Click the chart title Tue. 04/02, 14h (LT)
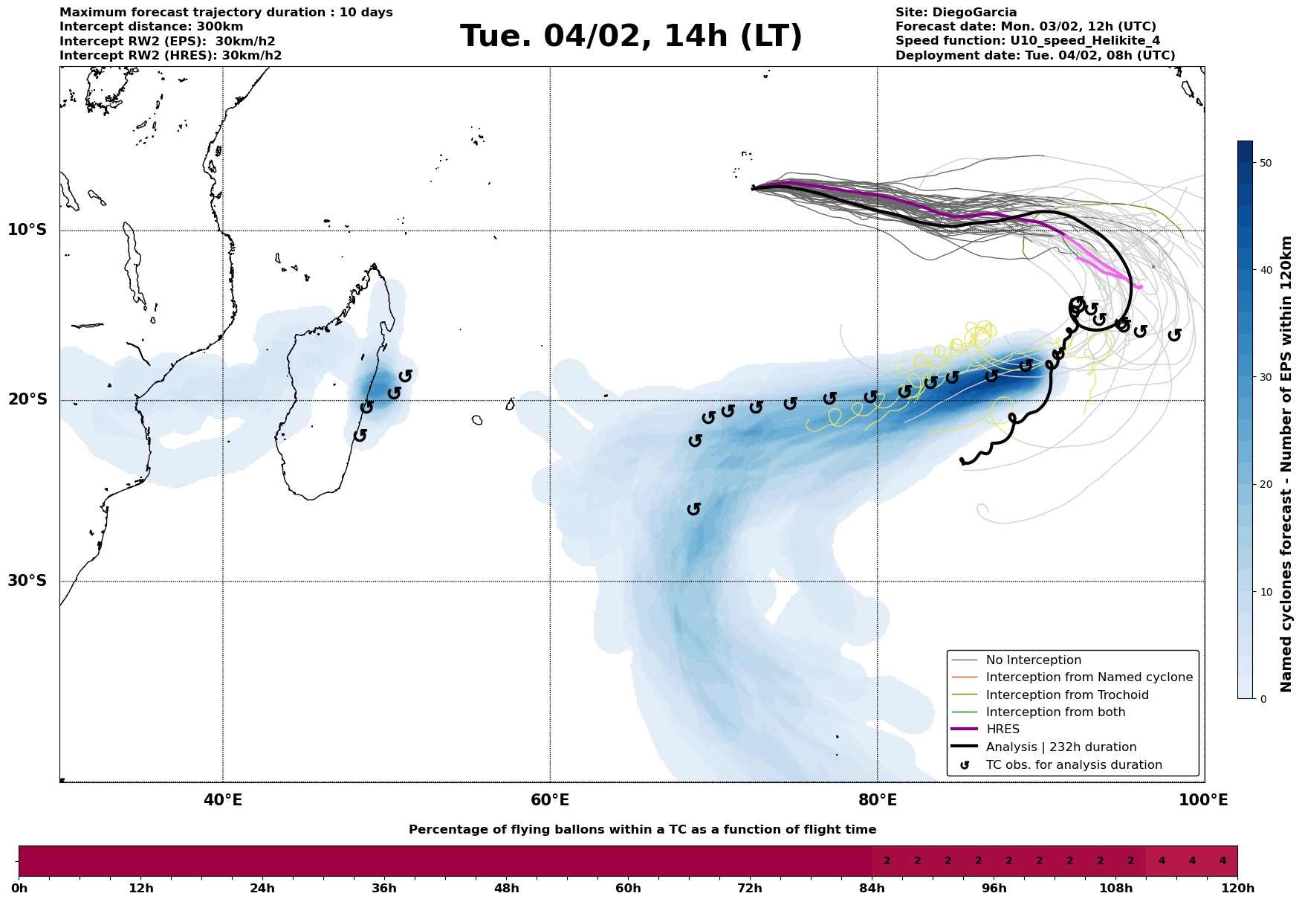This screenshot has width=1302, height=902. coord(631,36)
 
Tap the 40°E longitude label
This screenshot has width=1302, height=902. coord(223,800)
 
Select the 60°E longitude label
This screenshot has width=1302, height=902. coord(550,800)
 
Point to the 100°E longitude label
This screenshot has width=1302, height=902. coord(1204,800)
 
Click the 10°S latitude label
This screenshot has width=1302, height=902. coord(27,230)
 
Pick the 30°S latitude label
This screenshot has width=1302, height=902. coord(27,581)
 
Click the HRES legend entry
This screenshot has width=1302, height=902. coord(1003,729)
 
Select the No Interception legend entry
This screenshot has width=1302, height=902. coord(1033,660)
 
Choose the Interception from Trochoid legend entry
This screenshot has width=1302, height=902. coord(1066,695)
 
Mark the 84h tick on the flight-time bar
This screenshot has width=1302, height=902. coord(872,880)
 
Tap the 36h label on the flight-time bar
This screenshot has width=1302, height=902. coord(384,889)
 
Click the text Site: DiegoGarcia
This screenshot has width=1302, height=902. coord(956,13)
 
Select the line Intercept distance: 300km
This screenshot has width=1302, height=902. coord(151,27)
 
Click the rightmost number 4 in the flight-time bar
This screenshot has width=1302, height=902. coord(1222,861)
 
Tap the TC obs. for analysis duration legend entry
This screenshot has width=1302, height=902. coord(1073,765)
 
